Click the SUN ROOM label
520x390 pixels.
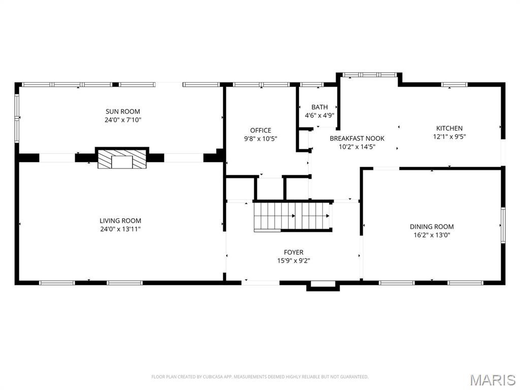coord(122,111)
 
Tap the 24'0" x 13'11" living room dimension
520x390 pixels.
coord(120,229)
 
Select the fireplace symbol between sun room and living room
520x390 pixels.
coord(122,159)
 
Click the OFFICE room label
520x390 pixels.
coord(261,130)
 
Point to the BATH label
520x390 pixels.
coord(319,107)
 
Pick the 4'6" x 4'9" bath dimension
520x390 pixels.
coord(319,115)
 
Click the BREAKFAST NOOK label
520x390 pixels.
coord(357,138)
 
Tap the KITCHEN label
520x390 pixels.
coord(449,128)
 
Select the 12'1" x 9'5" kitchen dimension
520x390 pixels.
coord(449,136)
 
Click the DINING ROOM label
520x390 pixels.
coord(432,226)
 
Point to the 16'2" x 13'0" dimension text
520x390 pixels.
coord(432,235)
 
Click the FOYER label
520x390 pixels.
coord(294,252)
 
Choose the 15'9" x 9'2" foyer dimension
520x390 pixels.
coord(294,261)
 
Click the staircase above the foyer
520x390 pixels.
coord(292,216)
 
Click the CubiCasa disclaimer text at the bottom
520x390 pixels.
coord(260,377)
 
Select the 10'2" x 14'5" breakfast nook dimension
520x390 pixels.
coord(357,147)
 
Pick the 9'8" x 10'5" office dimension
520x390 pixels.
coord(261,139)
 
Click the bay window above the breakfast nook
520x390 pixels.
coord(369,75)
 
